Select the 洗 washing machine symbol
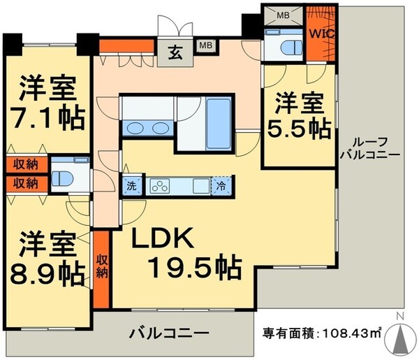131,186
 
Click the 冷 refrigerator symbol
221,186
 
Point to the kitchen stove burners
159,186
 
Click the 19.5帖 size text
195,266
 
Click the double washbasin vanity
148,128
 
